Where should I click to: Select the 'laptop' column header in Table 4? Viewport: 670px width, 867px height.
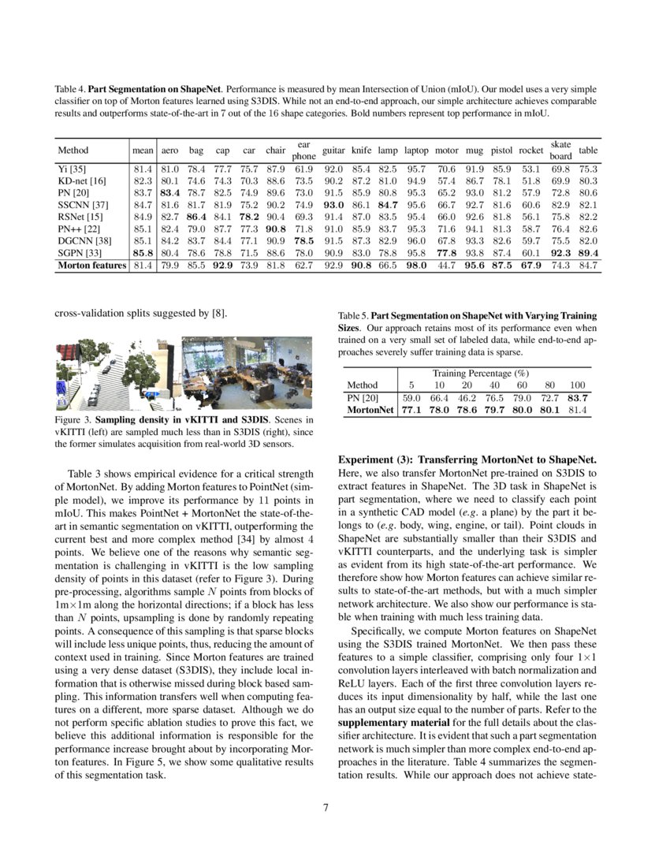[x=416, y=150]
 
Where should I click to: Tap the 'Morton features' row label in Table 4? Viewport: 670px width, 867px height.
[x=92, y=266]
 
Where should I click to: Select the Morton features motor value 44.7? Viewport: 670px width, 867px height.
[x=446, y=266]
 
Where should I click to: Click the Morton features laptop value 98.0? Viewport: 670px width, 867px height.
[x=416, y=266]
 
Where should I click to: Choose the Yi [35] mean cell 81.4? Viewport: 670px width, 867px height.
[x=143, y=169]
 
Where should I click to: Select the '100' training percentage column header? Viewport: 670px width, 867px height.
[x=577, y=385]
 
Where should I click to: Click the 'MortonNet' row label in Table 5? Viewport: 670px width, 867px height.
[x=370, y=410]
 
